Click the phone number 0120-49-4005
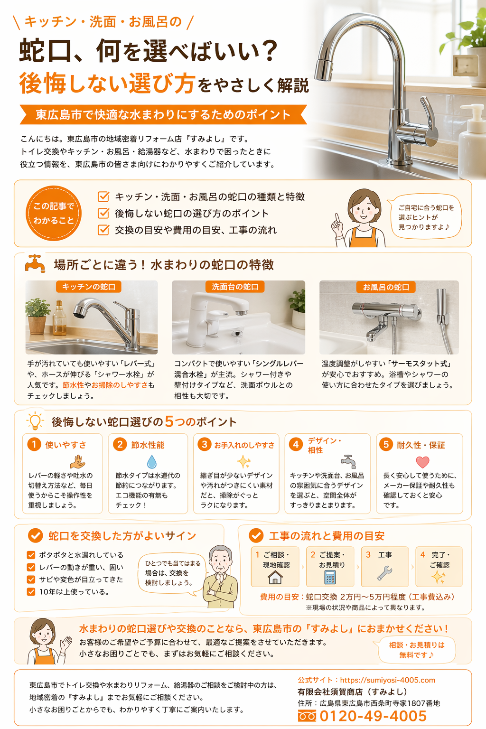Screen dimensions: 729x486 [x=373, y=716]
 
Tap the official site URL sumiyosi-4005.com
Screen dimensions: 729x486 [x=387, y=680]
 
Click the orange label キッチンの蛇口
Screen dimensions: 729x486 [x=89, y=287]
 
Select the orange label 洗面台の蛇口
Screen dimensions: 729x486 [x=235, y=287]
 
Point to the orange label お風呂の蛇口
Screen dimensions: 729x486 [x=386, y=287]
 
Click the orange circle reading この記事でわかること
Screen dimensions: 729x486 [x=54, y=214]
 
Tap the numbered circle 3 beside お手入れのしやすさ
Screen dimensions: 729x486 [x=204, y=445]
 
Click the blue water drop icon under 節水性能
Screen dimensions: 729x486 [x=151, y=461]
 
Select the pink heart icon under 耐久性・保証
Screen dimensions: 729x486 [x=422, y=462]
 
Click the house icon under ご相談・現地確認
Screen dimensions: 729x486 [x=275, y=577]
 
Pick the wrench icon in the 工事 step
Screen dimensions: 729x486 [x=384, y=573]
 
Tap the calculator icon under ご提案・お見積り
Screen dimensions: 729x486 [x=330, y=577]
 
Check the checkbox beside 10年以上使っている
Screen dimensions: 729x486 [x=31, y=592]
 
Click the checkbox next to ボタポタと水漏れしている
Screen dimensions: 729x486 [x=31, y=555]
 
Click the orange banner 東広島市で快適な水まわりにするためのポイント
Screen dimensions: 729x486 [x=163, y=114]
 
